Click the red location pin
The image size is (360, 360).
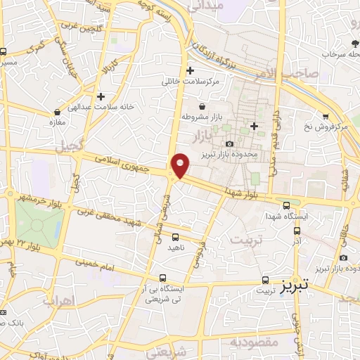point(180,165)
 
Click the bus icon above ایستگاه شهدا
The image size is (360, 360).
point(286,205)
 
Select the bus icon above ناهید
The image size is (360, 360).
point(175,237)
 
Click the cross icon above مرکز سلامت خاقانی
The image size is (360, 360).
point(190,70)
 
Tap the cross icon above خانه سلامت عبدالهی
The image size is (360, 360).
point(102,96)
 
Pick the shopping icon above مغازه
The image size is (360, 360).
point(57,112)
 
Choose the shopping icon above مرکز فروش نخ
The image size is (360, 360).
point(326,116)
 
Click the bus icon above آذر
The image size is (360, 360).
point(296,230)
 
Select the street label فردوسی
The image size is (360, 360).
point(205,255)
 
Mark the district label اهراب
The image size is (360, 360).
point(59,301)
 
